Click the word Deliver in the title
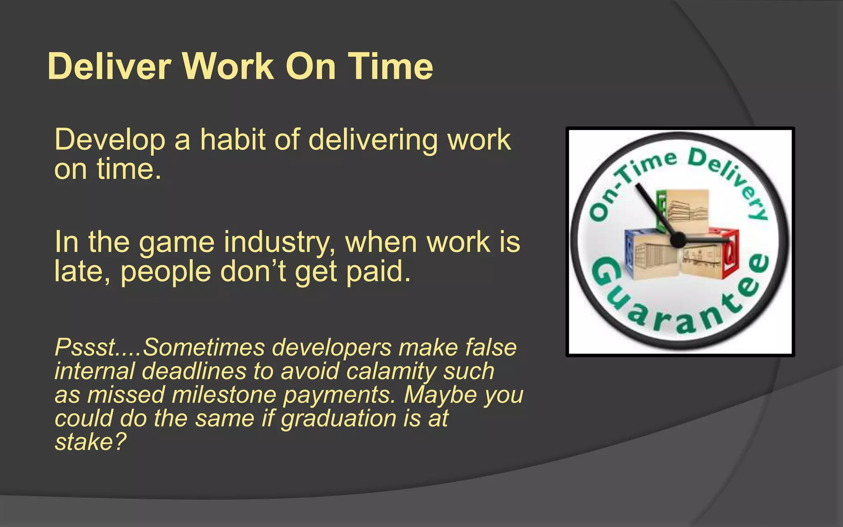[x=109, y=67]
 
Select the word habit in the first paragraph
[x=233, y=140]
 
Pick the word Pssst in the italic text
[x=84, y=347]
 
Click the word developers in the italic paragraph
[x=332, y=347]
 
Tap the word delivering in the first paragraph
[x=373, y=140]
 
